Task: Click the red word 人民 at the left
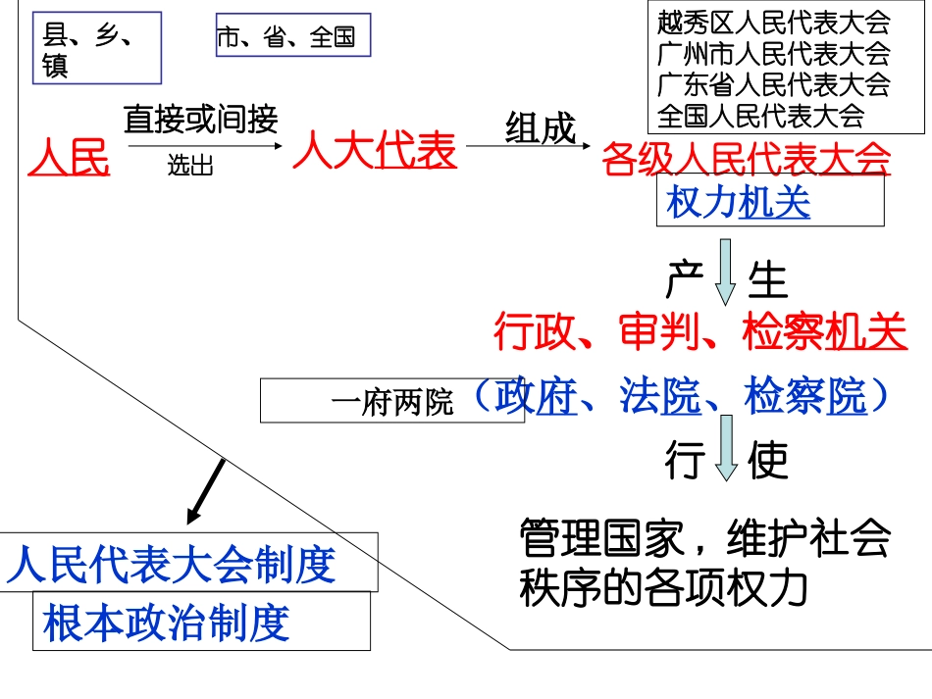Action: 69,157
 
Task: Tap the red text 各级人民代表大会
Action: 747,158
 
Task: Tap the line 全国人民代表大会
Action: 760,115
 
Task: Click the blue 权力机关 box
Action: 770,204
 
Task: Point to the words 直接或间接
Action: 200,120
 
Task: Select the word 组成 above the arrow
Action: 540,127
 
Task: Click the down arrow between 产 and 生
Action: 725,273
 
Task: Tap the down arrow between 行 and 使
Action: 725,448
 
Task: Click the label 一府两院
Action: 392,402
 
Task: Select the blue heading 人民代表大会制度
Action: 173,565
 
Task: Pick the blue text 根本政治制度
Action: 167,623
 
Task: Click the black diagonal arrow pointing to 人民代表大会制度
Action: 205,490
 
